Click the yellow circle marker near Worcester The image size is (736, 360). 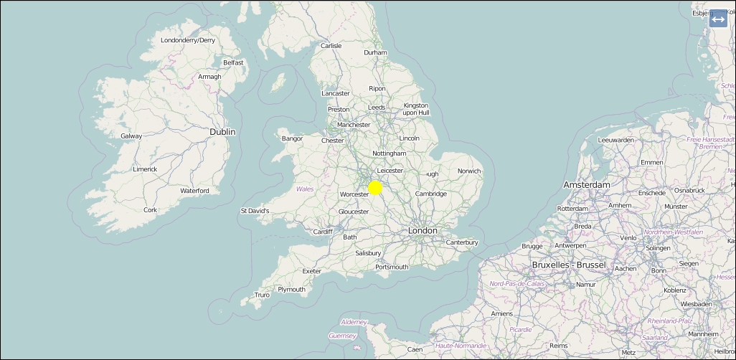pos(374,188)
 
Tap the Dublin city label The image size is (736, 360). pos(222,132)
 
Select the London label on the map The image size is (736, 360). pos(422,231)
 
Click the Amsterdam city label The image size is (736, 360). pos(586,185)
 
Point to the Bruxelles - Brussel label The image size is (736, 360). pos(569,265)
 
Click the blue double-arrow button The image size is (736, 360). pos(718,19)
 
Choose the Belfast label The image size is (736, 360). pos(233,63)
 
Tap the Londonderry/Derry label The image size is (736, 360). pos(188,41)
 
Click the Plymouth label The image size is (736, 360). pos(291,290)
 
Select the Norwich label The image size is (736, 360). pos(469,171)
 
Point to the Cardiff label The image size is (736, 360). pos(323,232)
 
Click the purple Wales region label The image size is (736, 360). pos(305,189)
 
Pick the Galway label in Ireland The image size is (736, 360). pos(131,136)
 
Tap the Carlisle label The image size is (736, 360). pos(331,46)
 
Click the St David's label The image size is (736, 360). pos(255,212)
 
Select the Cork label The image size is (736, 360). pos(150,210)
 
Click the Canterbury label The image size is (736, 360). pos(462,242)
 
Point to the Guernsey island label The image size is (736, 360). pos(342,336)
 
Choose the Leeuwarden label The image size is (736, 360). pos(615,140)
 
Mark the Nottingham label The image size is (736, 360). pos(389,153)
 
